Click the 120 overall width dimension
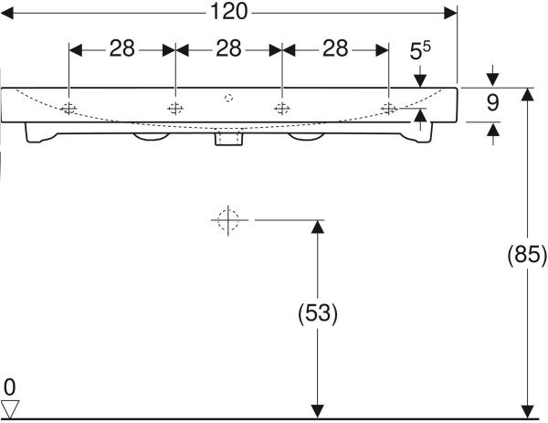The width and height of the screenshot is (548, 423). coord(229,12)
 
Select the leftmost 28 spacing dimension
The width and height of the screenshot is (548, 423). coord(122,48)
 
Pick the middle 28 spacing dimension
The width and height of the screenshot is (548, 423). coord(228,48)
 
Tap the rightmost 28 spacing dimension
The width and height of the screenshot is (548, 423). coord(335,48)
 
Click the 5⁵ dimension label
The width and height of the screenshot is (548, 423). coord(420,50)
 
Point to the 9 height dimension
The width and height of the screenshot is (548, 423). coord(493,102)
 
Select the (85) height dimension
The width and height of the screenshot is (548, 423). coord(527,254)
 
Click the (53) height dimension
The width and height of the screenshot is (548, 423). coord(318,312)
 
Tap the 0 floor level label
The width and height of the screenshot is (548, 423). coord(10,387)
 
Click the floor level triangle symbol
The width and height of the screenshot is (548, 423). coord(10,409)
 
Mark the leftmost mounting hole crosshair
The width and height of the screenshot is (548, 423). coord(68,109)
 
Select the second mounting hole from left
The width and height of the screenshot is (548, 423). coord(175,109)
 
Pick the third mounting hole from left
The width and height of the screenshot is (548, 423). coord(282,109)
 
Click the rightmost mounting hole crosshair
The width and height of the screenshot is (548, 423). coord(389,109)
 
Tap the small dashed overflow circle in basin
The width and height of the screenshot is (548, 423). coord(228,98)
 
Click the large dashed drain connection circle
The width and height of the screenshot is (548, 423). coord(228,220)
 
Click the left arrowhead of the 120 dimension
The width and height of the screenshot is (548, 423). coord(7,14)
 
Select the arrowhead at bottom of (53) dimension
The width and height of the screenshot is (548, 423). coord(317,411)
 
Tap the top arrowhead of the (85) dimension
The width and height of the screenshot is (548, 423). coord(527,94)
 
